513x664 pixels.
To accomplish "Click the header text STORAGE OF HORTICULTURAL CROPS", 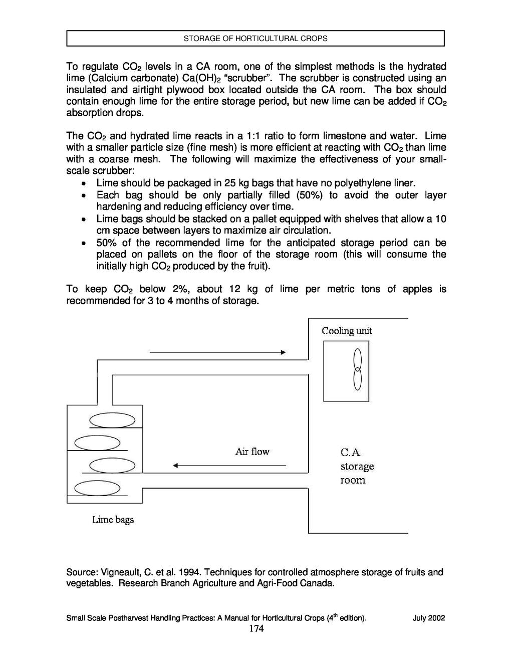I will pos(255,39).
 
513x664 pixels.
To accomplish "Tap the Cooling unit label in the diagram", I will pos(347,331).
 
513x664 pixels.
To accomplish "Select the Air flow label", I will pos(252,452).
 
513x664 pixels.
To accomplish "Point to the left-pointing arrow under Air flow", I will pos(229,466).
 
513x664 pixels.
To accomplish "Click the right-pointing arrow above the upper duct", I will pos(218,352).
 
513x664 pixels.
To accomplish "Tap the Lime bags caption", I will pos(113,520).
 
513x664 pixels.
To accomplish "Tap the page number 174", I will pos(256,629).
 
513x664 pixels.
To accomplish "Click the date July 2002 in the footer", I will pos(429,618).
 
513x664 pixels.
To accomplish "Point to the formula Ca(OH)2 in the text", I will pos(201,78).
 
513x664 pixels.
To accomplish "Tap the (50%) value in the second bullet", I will pos(310,195).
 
